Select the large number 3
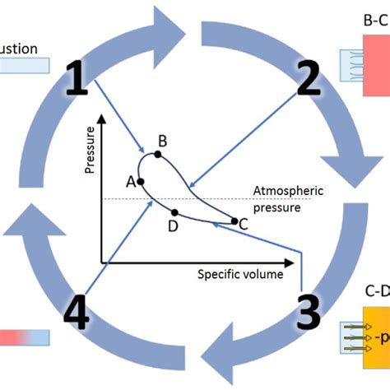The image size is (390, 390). (306, 313)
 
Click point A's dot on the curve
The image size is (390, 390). (141, 180)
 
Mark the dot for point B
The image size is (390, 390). (158, 154)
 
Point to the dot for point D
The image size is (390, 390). (174, 212)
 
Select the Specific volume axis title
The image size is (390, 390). (239, 273)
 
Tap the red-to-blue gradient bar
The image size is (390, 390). (25, 337)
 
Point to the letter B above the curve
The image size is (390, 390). (163, 142)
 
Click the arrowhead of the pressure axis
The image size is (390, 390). (101, 121)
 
